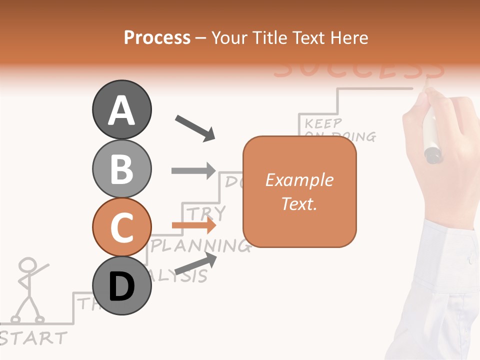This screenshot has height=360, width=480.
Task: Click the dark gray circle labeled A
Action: pyautogui.click(x=121, y=109)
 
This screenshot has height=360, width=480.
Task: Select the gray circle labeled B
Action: pyautogui.click(x=121, y=168)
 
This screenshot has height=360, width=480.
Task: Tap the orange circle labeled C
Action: pyautogui.click(x=121, y=227)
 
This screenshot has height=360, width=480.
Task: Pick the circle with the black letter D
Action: pyautogui.click(x=121, y=286)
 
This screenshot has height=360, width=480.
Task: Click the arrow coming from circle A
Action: pyautogui.click(x=195, y=127)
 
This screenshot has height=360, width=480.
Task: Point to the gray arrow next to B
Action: pyautogui.click(x=193, y=170)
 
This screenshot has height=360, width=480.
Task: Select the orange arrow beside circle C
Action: pyautogui.click(x=194, y=226)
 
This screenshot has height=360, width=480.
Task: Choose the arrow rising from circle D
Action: pyautogui.click(x=195, y=263)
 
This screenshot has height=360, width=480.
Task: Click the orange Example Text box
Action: pyautogui.click(x=299, y=192)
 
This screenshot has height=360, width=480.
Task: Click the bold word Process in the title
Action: pyautogui.click(x=157, y=37)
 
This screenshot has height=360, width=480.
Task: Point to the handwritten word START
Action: pyautogui.click(x=33, y=338)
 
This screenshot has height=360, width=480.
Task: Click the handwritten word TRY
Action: pyautogui.click(x=206, y=212)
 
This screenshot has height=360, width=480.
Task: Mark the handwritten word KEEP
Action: pyautogui.click(x=323, y=122)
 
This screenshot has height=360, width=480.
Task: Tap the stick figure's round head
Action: pyautogui.click(x=29, y=265)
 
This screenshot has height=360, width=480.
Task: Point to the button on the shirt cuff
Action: pyautogui.click(x=469, y=259)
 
